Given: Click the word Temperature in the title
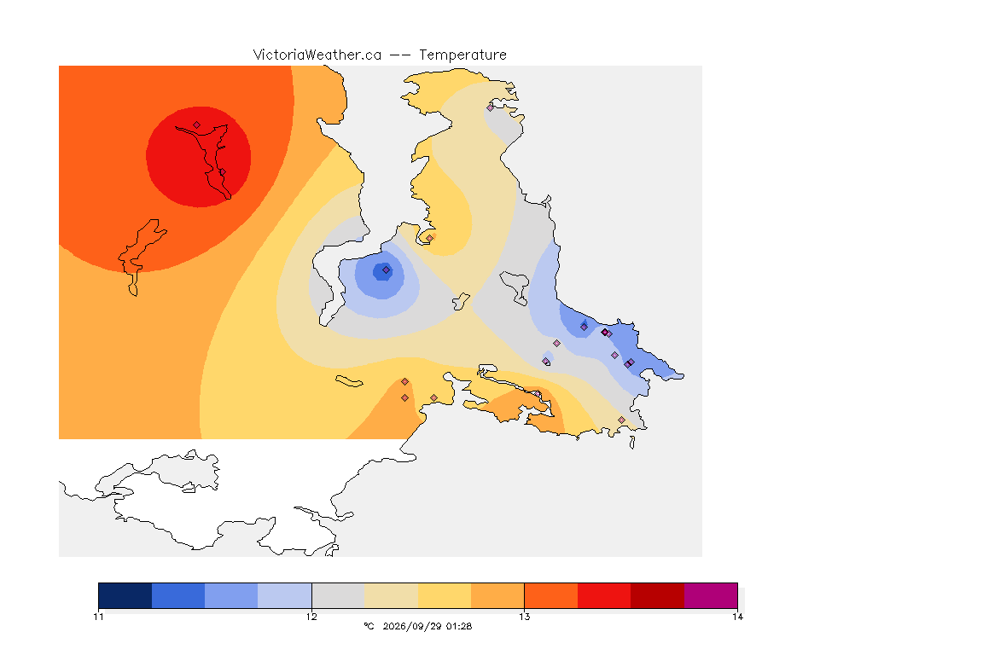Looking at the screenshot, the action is (462, 55).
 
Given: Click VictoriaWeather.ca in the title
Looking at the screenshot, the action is (317, 55).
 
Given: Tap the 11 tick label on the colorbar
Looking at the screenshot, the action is (98, 617).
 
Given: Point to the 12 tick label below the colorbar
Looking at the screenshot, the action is (311, 617).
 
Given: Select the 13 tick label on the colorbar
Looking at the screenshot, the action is (524, 617).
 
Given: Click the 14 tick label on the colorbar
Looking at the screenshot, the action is (737, 617).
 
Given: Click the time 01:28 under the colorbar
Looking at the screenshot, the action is (459, 626).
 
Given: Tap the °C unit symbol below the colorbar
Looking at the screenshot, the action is (369, 626).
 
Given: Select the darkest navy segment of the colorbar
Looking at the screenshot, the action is (125, 595).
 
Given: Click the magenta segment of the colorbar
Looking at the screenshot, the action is (710, 595).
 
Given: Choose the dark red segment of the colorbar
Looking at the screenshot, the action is (657, 595).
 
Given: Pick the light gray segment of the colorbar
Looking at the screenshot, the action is (338, 595).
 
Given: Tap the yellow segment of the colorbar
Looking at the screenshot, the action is (445, 595).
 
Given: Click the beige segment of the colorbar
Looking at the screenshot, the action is (391, 595).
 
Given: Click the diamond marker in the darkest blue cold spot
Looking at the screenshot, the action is (387, 270).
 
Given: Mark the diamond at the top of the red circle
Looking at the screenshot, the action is (197, 125).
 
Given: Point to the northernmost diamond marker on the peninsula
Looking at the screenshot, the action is (491, 107).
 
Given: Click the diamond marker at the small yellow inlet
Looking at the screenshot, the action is (429, 238).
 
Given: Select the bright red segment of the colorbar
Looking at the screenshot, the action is (604, 595).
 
